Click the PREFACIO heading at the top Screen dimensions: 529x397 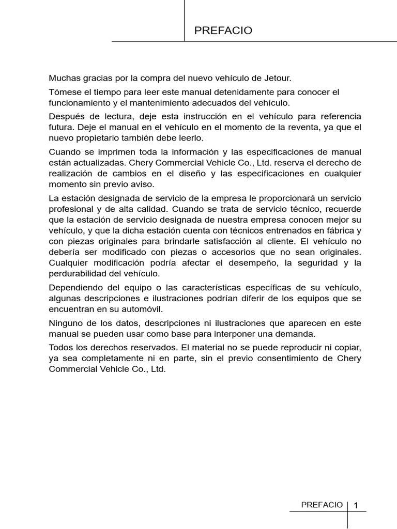tap(223, 31)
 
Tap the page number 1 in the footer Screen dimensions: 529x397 tap(356, 505)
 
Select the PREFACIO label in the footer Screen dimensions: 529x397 tap(322, 505)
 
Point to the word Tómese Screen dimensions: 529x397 tap(63, 92)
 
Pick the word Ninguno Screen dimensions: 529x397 tap(65, 323)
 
